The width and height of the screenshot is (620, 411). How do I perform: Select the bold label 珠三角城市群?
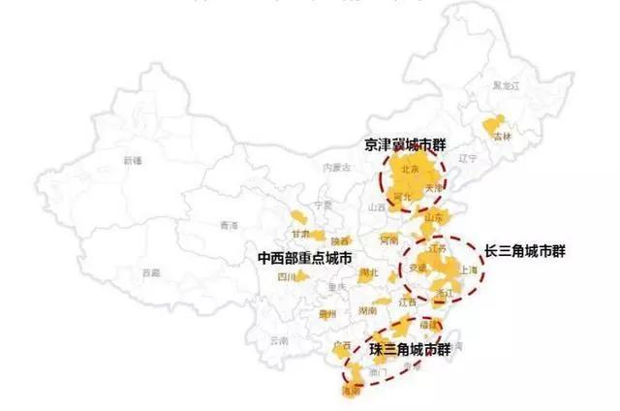(409, 347)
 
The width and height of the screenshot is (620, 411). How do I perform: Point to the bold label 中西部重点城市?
(303, 259)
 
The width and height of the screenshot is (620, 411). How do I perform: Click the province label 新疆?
(131, 160)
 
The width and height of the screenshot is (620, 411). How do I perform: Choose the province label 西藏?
(150, 272)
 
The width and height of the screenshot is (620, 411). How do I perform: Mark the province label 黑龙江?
(506, 85)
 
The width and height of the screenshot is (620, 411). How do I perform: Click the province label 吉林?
(501, 137)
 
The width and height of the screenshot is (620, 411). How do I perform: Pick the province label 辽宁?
(468, 157)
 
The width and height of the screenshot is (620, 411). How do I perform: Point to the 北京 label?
(408, 168)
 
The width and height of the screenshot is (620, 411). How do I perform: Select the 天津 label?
(433, 185)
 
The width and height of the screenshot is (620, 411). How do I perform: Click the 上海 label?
(468, 270)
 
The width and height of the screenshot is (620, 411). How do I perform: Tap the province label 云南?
(279, 340)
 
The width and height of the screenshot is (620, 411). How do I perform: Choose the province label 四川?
(286, 276)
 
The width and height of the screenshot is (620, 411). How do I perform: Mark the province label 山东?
(433, 217)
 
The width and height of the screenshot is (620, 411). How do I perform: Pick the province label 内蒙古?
(336, 167)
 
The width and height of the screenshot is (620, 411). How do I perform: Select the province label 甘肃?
(302, 235)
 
